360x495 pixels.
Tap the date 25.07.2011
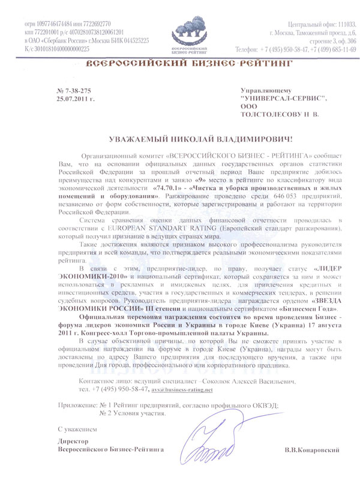pyautogui.click(x=74, y=97)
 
